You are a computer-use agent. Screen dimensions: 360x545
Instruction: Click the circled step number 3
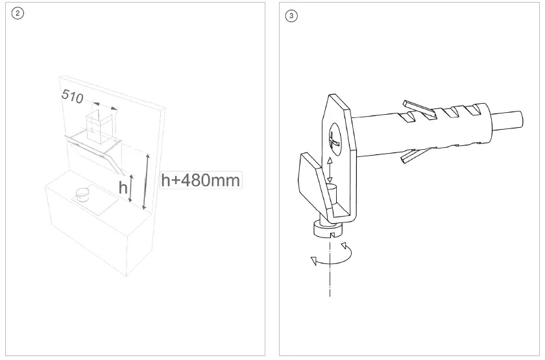tap(291, 16)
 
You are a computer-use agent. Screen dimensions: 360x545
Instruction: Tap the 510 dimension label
tap(72, 96)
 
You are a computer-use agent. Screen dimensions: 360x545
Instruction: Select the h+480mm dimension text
tap(200, 180)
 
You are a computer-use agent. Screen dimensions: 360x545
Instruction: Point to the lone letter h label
tap(123, 188)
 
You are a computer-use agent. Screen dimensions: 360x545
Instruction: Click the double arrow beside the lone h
tap(132, 187)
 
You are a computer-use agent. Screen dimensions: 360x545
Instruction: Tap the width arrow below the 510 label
tap(104, 106)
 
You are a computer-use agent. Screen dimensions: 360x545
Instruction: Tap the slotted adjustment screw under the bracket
tap(328, 229)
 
